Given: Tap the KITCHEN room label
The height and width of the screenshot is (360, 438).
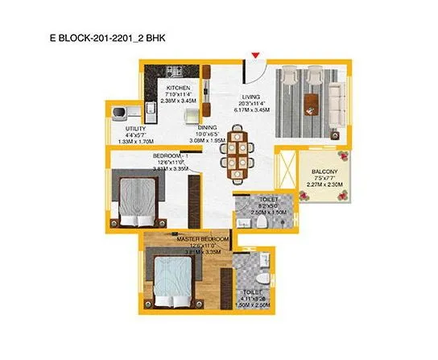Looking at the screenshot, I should point(178,87).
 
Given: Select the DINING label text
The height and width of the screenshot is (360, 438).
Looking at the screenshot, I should point(208,126).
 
